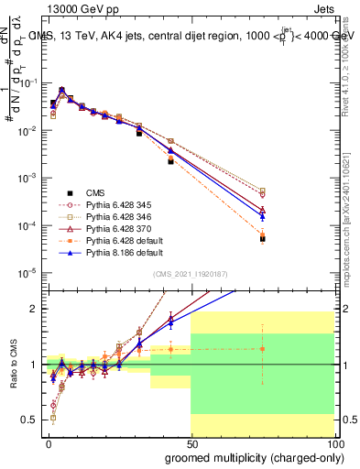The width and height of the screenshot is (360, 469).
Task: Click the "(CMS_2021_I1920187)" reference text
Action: [x=190, y=273]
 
